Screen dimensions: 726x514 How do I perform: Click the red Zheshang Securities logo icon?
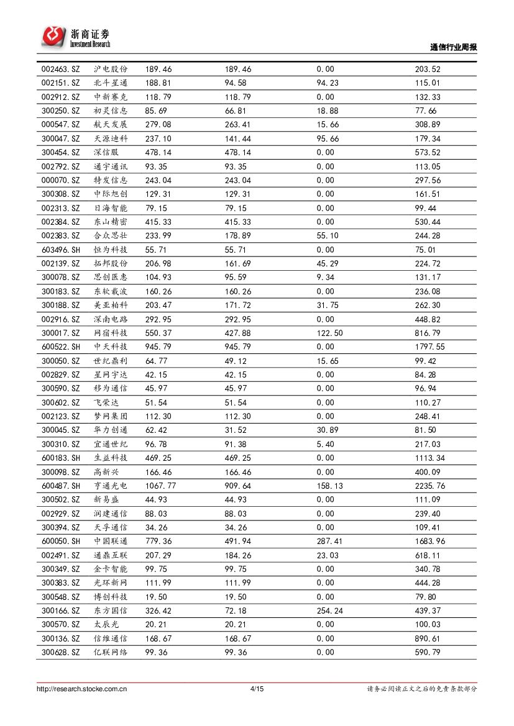tap(53, 36)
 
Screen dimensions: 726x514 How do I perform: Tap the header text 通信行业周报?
tap(453, 47)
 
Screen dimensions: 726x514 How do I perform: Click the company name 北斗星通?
tap(111, 83)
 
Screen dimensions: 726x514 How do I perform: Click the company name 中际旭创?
tap(111, 194)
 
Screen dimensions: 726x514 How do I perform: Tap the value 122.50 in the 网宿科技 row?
tap(329, 333)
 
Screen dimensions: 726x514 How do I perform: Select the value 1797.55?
tap(430, 347)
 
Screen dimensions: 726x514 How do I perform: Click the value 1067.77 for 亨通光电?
tap(160, 486)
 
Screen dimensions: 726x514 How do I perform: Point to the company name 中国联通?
tap(111, 541)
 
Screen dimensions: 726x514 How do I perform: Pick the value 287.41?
tap(329, 541)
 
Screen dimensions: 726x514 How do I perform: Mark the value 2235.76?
tap(430, 486)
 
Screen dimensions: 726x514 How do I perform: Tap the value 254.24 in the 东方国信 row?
tap(329, 610)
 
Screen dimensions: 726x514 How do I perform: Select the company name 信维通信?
tap(111, 638)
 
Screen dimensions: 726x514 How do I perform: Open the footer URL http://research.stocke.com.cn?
tap(82, 689)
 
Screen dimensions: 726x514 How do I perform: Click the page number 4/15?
tap(257, 689)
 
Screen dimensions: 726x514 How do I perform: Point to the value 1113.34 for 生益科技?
tap(430, 458)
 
